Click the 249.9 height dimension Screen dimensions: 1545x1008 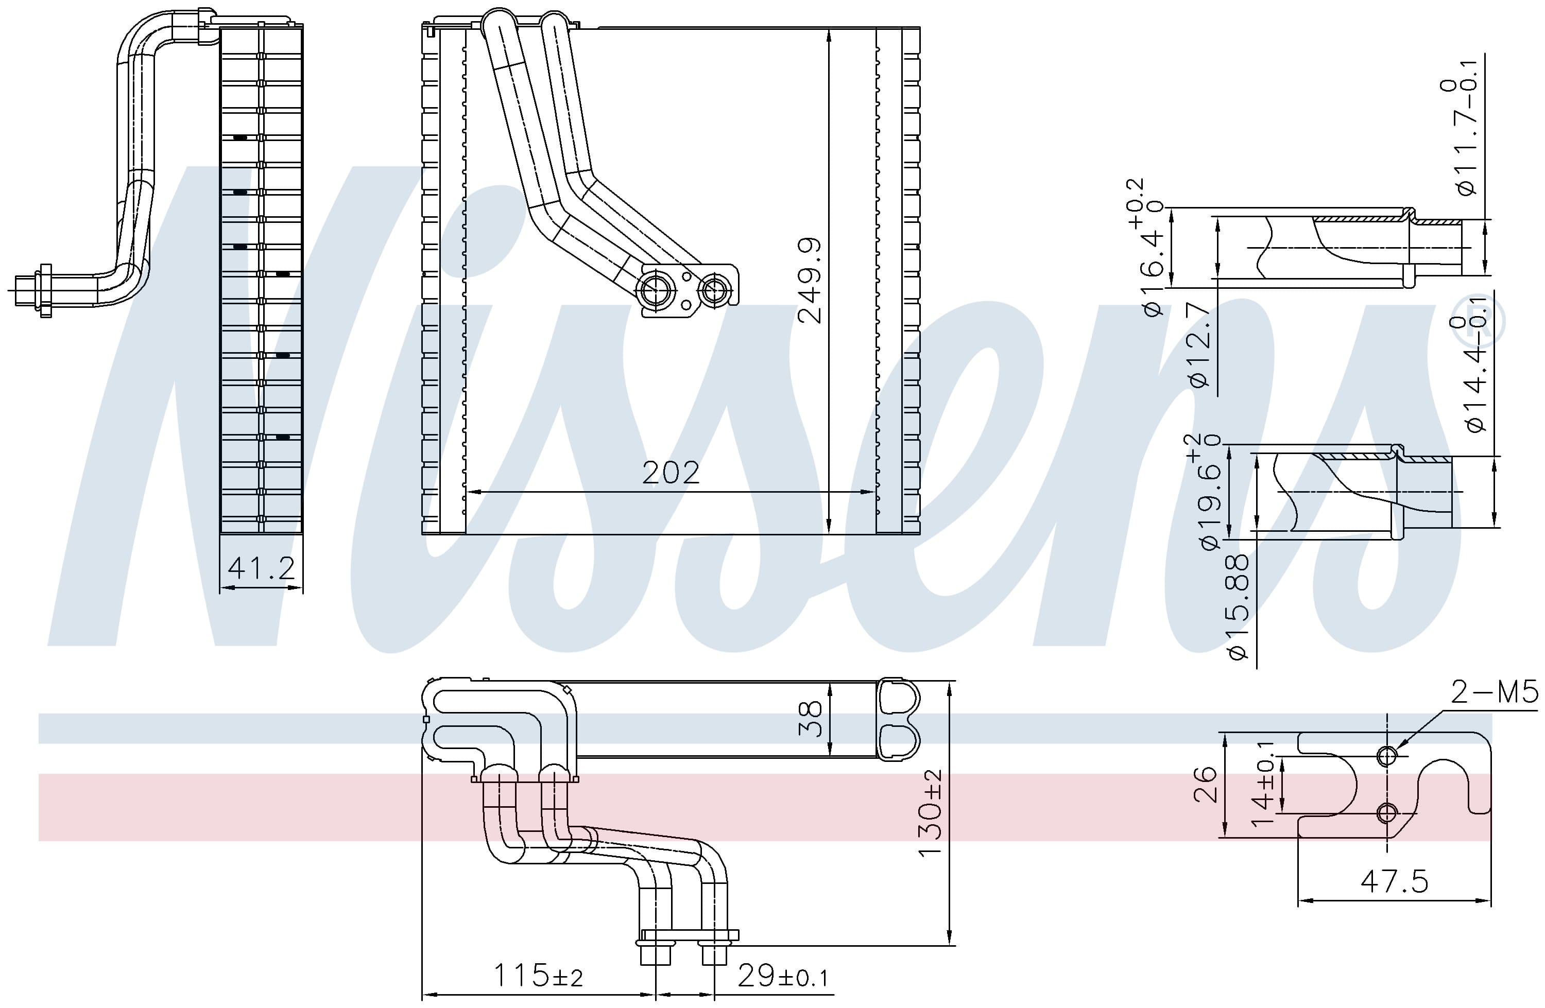(810, 281)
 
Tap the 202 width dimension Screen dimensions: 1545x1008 (671, 473)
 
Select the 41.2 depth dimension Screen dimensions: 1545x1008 (262, 568)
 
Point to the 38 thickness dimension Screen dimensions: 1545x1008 (810, 719)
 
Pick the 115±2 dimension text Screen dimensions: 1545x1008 (538, 975)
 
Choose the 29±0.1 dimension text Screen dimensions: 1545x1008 (783, 976)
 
